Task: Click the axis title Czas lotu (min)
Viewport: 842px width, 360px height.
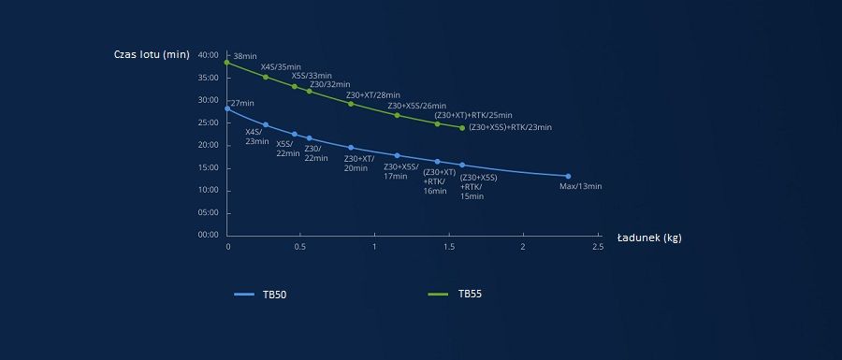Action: pos(152,55)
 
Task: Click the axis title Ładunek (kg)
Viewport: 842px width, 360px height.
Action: pos(649,238)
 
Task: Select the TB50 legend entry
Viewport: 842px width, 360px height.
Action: pos(260,294)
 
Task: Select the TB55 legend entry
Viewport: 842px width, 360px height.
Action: pos(455,294)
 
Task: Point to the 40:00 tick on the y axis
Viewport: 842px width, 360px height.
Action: pos(209,55)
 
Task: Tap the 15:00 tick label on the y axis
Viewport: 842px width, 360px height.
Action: pos(209,168)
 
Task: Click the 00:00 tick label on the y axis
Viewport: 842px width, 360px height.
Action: pos(209,235)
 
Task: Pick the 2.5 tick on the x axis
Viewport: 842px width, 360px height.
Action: pos(598,247)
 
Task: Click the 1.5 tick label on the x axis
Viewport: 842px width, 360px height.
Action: pos(449,247)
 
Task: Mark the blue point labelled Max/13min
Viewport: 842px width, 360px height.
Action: pos(568,176)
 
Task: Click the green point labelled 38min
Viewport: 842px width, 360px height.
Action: pos(226,63)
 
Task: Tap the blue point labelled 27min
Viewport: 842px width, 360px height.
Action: pos(227,108)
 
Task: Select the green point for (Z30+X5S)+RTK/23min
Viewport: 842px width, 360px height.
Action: pos(462,128)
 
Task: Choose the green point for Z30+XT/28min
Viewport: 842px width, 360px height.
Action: pos(351,104)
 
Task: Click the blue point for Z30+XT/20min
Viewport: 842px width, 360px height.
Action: pos(351,148)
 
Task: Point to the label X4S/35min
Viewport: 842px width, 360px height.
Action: pos(281,67)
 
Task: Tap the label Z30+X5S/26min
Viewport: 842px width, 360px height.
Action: pos(416,106)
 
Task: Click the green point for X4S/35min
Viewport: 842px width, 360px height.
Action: pos(266,77)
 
